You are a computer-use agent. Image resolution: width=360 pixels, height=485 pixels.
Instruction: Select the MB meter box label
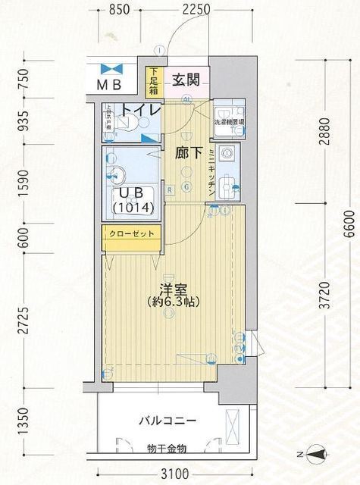pos(114,84)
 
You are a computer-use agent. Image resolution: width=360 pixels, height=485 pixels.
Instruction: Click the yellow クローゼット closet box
pos(131,234)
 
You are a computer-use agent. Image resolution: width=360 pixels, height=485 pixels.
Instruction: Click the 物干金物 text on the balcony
pos(167,449)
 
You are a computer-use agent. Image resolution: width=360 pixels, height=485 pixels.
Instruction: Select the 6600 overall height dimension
pos(348,226)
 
